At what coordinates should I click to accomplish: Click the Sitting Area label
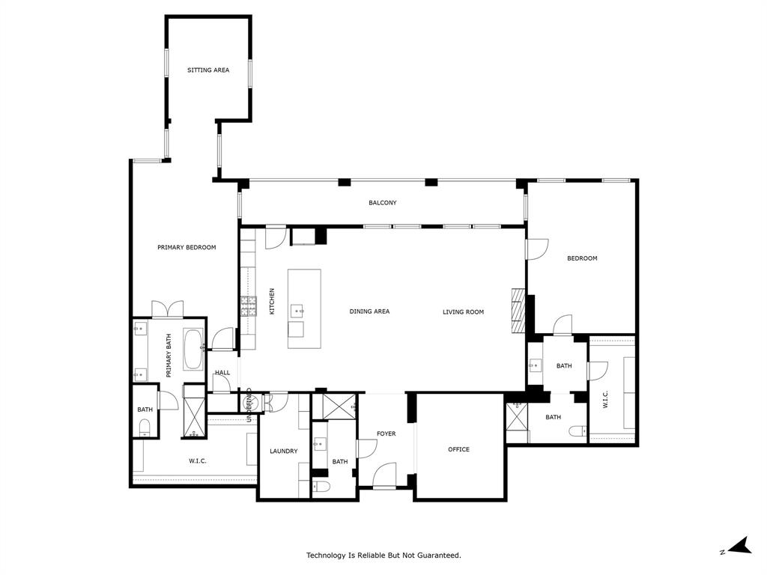coord(208,70)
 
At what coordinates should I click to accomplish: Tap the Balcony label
coord(382,203)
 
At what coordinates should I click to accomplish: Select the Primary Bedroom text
coord(187,248)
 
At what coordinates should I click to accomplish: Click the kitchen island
coord(304,308)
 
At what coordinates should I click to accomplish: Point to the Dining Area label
coord(369,311)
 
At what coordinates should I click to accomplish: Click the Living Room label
coord(463,311)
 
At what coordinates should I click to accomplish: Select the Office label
coord(458,449)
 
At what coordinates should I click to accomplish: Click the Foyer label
coord(386,434)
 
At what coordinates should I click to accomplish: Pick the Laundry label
coord(284,451)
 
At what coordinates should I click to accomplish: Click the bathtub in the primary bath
coord(193,350)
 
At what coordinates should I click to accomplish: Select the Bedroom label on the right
coord(582,258)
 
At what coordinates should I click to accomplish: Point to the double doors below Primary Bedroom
coord(167,309)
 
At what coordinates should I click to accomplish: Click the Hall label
coord(222,373)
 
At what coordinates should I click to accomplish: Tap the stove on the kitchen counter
coord(248,306)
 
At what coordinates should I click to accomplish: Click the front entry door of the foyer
coord(384,475)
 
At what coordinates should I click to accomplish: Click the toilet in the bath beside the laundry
coord(321,487)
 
